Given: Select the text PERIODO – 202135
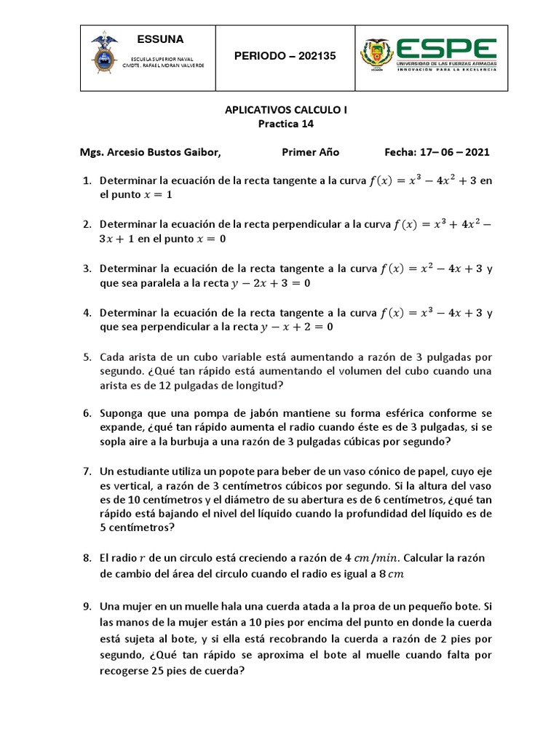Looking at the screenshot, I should (x=285, y=56).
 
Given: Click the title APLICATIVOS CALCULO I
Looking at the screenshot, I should (x=285, y=110).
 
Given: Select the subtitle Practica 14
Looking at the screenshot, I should (x=285, y=124).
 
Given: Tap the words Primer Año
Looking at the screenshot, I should (x=310, y=152).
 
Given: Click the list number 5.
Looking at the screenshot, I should (x=86, y=357).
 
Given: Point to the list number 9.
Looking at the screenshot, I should (x=86, y=605).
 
